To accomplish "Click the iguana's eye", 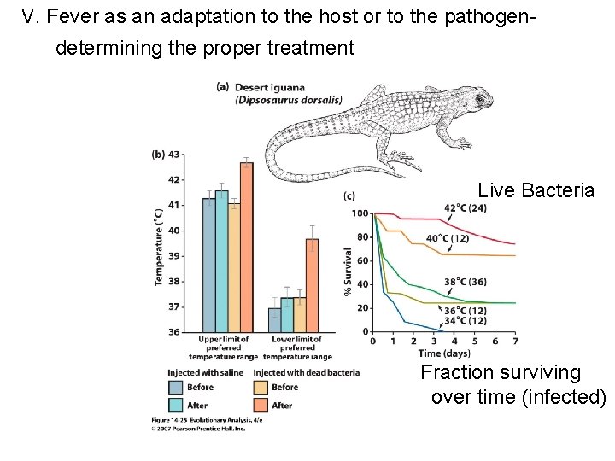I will click(478, 99).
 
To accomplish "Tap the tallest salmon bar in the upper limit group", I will click(246, 247).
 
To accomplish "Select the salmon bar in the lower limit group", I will click(312, 285).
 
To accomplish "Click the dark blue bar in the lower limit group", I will click(274, 319).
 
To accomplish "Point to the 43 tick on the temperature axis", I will click(173, 155).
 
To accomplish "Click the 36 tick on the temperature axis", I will click(173, 331).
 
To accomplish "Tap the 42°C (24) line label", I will click(465, 207).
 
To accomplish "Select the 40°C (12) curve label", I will click(448, 238).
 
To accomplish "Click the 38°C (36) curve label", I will click(465, 282).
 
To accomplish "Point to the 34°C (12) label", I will click(465, 320).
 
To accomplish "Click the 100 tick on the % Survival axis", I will click(360, 213).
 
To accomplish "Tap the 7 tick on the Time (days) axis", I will click(515, 341).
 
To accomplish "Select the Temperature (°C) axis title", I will click(159, 247).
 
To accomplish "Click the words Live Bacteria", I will click(536, 190).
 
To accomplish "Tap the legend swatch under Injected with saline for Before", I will click(178, 387).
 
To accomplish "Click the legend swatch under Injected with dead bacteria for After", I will click(263, 406).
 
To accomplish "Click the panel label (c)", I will click(348, 196).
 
